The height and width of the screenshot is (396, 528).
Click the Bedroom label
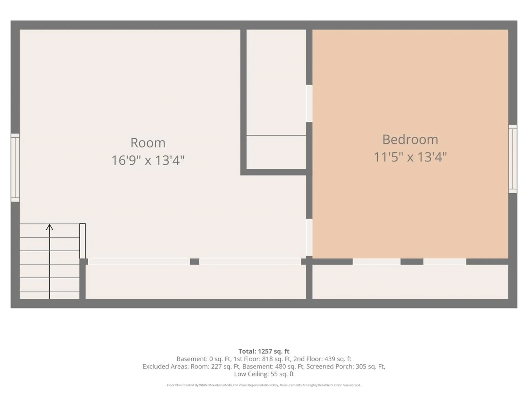click(x=410, y=140)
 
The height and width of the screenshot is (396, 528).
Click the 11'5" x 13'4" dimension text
click(x=410, y=157)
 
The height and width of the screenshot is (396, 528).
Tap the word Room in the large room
click(x=148, y=143)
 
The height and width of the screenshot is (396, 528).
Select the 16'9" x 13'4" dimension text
click(x=148, y=160)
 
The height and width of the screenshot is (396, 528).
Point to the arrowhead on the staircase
click(x=50, y=227)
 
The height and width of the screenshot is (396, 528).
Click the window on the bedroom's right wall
click(x=513, y=159)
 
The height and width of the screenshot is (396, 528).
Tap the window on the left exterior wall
click(x=15, y=168)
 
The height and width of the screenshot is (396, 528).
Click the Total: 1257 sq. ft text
click(x=264, y=351)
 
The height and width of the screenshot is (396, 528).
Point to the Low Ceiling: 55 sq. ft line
click(x=264, y=374)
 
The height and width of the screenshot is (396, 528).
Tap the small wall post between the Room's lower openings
click(x=195, y=262)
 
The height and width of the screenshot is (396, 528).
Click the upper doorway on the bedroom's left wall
click(x=309, y=103)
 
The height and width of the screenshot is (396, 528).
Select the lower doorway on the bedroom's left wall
click(x=309, y=237)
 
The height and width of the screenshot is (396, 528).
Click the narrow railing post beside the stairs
click(x=82, y=241)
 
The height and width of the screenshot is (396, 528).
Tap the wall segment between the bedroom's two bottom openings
click(x=412, y=262)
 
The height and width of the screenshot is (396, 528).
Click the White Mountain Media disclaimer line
click(x=264, y=385)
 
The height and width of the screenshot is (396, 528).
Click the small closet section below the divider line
click(x=276, y=152)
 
